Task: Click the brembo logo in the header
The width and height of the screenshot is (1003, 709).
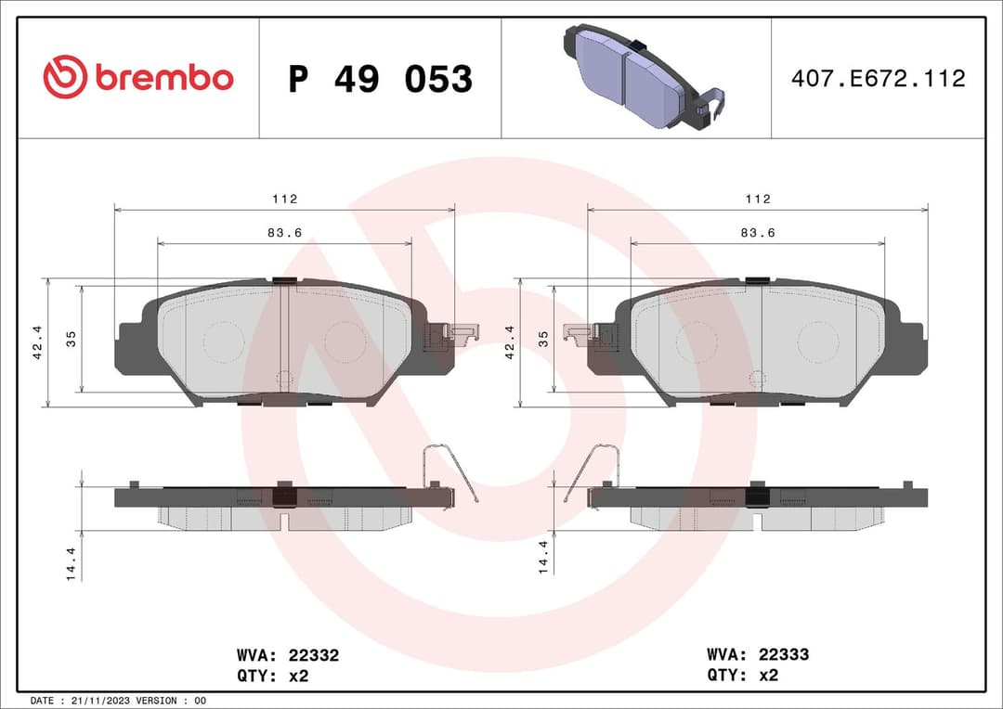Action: tap(138, 78)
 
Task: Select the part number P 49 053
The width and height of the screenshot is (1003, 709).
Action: tap(380, 79)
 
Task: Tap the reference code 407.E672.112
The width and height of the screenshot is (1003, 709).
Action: tap(878, 79)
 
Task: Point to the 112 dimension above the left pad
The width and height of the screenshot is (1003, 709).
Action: tap(284, 199)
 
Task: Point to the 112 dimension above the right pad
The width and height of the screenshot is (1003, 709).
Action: tap(758, 199)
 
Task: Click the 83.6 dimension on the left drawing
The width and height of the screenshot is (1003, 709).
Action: tap(284, 233)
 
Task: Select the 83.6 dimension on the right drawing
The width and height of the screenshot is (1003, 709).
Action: tap(758, 233)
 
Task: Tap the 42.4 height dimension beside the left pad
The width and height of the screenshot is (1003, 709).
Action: tap(37, 342)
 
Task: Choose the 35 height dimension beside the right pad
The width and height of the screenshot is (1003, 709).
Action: tap(544, 339)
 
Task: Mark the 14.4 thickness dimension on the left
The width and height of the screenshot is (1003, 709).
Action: tap(71, 563)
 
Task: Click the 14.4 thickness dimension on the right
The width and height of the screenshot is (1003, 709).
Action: tap(544, 557)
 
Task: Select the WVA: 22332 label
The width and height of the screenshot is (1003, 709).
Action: tap(288, 655)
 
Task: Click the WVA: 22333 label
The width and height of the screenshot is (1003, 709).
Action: tap(758, 654)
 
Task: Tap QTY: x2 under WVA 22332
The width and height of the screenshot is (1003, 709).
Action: tap(272, 676)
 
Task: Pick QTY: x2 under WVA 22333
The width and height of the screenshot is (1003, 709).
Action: tap(742, 676)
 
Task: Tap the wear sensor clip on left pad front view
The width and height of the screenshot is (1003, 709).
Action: tap(450, 336)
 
